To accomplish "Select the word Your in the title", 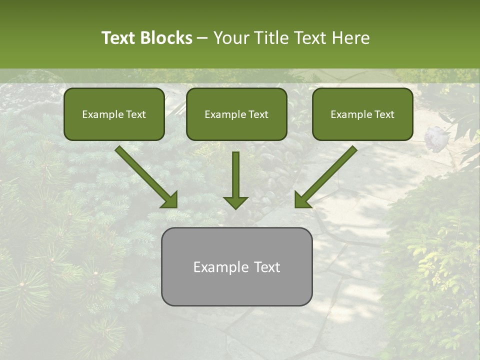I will tap(231, 38).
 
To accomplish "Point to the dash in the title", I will tap(202, 38).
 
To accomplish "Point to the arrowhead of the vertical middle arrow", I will tap(235, 202).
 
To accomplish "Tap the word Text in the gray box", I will tap(266, 267).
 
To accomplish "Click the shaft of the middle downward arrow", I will tap(235, 172).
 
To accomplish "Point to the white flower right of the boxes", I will tap(435, 136).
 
